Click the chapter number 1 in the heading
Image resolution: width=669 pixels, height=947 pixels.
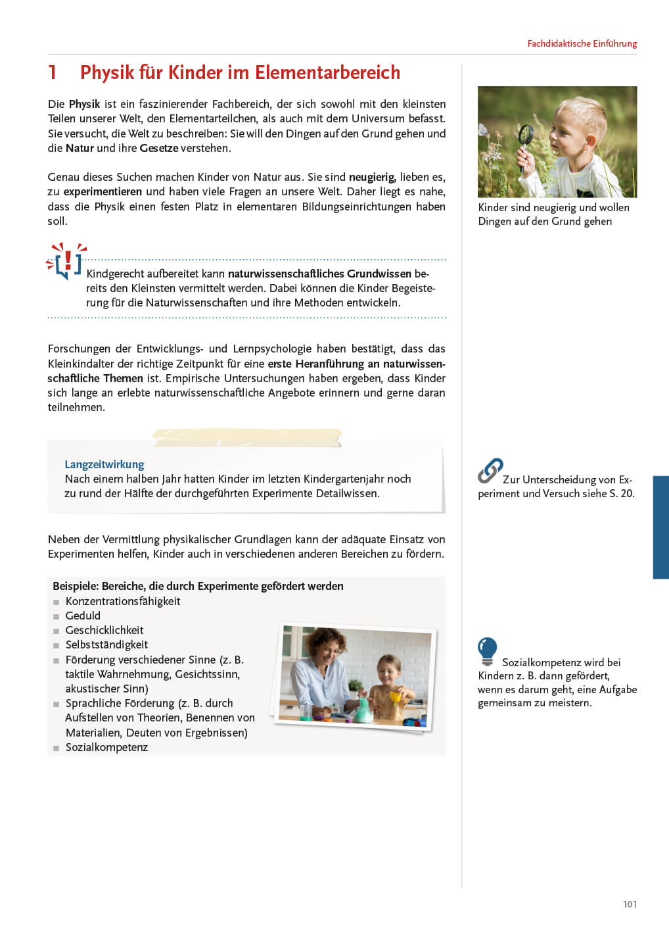pyautogui.click(x=52, y=72)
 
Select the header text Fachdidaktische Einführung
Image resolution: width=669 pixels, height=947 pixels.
pyautogui.click(x=582, y=43)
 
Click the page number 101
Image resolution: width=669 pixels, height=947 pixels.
pyautogui.click(x=630, y=904)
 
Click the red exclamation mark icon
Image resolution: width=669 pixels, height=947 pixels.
pyautogui.click(x=67, y=260)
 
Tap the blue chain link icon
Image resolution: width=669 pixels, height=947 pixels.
pyautogui.click(x=490, y=471)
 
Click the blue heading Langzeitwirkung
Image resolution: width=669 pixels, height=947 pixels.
pyautogui.click(x=104, y=464)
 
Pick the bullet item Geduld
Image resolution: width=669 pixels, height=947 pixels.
pyautogui.click(x=83, y=616)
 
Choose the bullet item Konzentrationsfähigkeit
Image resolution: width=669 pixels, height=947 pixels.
pyautogui.click(x=122, y=601)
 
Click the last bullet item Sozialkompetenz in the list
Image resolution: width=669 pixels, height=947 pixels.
pyautogui.click(x=106, y=747)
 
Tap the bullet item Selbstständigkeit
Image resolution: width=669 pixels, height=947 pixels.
pyautogui.click(x=106, y=644)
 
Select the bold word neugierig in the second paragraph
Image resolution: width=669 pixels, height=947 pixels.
pyautogui.click(x=372, y=177)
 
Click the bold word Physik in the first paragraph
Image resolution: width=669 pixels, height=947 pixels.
pyautogui.click(x=84, y=104)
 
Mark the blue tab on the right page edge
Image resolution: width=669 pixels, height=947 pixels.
pyautogui.click(x=660, y=527)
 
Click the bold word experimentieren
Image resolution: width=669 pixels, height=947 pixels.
pyautogui.click(x=103, y=191)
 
